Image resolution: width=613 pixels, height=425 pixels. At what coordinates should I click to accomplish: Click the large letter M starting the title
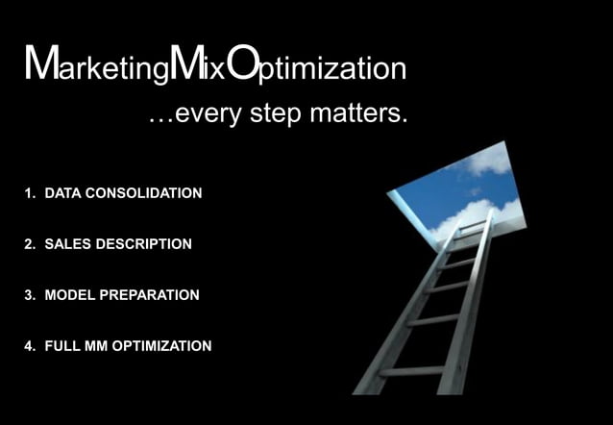[x=41, y=63]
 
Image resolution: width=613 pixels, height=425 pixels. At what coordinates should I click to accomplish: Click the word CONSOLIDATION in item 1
[x=144, y=193]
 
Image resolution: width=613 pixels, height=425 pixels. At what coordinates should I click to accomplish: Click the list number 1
[x=28, y=193]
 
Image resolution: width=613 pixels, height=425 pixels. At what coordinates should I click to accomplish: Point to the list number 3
[x=28, y=295]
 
